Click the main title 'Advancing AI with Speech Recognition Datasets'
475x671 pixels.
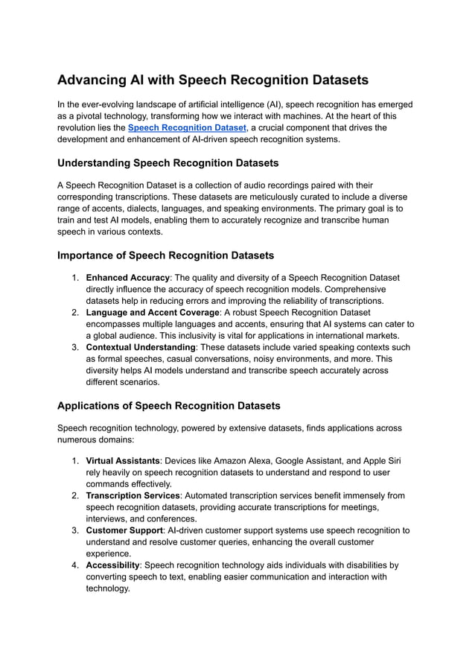(x=212, y=80)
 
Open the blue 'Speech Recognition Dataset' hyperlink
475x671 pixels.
(x=186, y=128)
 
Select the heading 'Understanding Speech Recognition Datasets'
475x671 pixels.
(x=168, y=162)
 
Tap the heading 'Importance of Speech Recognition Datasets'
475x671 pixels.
(x=165, y=255)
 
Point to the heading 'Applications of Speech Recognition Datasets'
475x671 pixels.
(x=168, y=406)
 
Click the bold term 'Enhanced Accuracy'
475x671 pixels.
(x=127, y=278)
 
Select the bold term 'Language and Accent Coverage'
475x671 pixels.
(x=153, y=313)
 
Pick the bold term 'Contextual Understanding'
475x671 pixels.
(x=141, y=347)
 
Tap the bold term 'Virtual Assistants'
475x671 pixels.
(x=123, y=461)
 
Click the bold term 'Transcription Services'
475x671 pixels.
(x=133, y=495)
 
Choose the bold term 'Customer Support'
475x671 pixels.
(x=124, y=530)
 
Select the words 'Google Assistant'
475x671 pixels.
(x=302, y=461)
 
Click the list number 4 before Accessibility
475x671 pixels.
(x=75, y=565)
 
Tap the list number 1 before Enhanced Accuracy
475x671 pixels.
(x=75, y=278)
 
